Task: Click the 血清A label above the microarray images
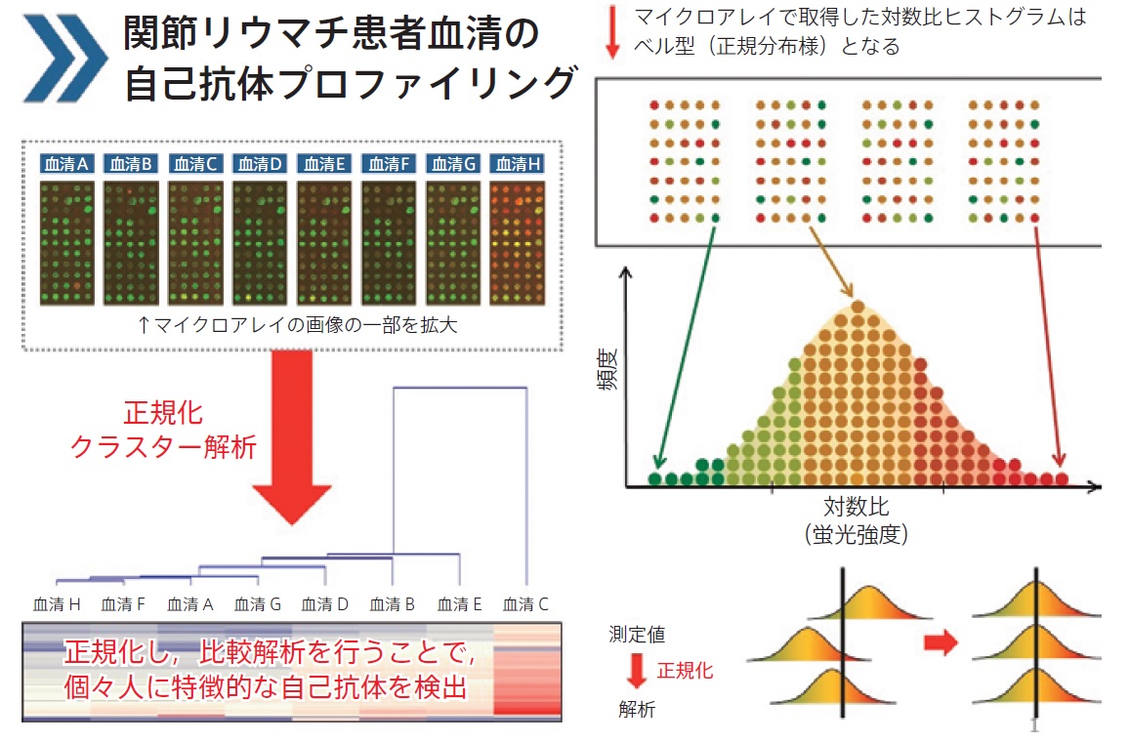pyautogui.click(x=65, y=164)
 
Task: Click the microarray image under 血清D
pyautogui.click(x=259, y=242)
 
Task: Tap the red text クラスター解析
pyautogui.click(x=164, y=447)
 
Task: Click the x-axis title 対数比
pyautogui.click(x=857, y=507)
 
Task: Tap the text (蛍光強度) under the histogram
pyautogui.click(x=857, y=534)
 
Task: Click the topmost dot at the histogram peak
pyautogui.click(x=857, y=306)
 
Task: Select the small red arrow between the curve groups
pyautogui.click(x=941, y=641)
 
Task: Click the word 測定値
pyautogui.click(x=637, y=634)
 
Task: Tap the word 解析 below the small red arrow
pyautogui.click(x=637, y=709)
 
